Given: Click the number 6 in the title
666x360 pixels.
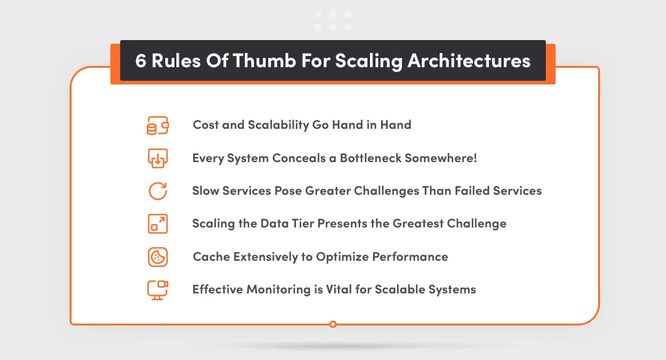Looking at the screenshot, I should (141, 61).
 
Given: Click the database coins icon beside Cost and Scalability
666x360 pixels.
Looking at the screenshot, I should (158, 126).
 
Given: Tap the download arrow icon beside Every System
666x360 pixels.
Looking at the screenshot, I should (158, 158).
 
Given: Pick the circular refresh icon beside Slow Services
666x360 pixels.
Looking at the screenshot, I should (158, 191).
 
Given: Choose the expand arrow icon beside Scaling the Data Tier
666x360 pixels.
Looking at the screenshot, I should (158, 224).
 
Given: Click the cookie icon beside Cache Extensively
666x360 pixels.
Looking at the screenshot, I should (158, 256).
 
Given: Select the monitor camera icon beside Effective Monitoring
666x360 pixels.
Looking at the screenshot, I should (158, 289).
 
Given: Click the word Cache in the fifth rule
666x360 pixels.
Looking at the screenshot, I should (212, 256).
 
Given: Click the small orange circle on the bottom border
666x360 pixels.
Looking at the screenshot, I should (333, 324).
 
